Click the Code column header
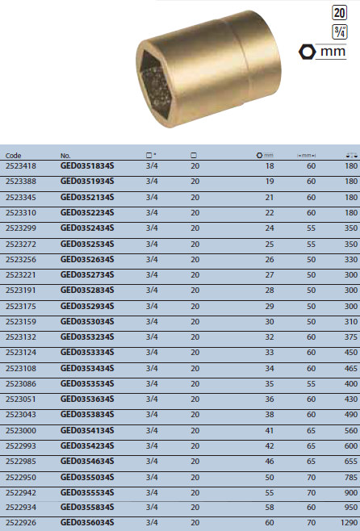coord(14,155)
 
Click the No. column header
coord(65,155)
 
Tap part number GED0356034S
coord(87,524)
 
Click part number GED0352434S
coord(87,228)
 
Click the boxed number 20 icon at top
coord(340,13)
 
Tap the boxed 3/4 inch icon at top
coord(340,31)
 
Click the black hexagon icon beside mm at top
coord(307,52)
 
